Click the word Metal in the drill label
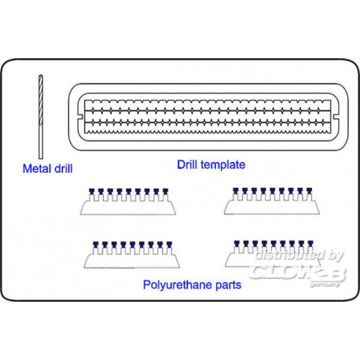(37, 168)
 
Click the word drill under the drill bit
(63, 168)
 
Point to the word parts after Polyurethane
(228, 285)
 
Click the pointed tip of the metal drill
(41, 75)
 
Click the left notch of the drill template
(81, 116)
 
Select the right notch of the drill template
(336, 116)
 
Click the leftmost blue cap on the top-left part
(91, 191)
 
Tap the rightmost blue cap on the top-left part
(165, 191)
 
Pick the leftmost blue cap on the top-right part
(236, 190)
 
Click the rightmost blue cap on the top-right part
(309, 190)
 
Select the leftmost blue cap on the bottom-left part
(96, 244)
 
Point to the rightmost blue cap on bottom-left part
(169, 244)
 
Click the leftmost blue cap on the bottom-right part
(237, 244)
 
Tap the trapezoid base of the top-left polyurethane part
(128, 208)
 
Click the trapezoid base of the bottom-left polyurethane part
(132, 262)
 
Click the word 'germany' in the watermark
(325, 285)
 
